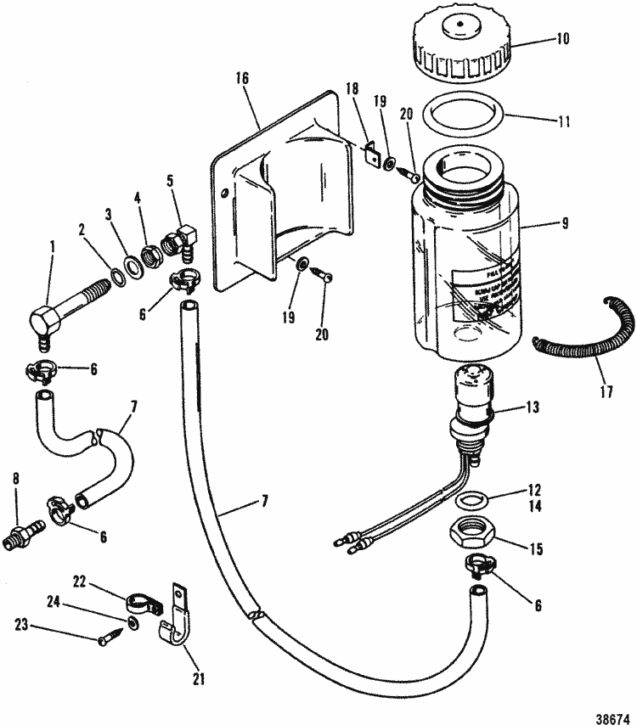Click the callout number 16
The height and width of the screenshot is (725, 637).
click(x=243, y=78)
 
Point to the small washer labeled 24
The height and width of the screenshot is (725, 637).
click(x=133, y=625)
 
